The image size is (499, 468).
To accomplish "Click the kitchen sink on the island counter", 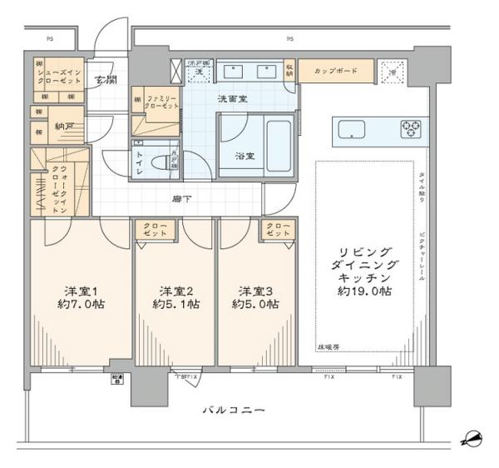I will (x=351, y=129).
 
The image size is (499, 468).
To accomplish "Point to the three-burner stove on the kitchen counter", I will (x=410, y=129).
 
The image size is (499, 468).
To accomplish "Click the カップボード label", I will (x=336, y=72).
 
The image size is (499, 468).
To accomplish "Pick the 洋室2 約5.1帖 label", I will (x=175, y=297).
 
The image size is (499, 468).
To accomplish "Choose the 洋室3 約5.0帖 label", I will (x=256, y=297).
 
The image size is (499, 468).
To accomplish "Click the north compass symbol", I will (x=472, y=437).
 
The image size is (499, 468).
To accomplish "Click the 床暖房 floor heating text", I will (x=329, y=345).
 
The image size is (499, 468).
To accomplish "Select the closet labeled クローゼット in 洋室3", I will (x=275, y=230).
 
